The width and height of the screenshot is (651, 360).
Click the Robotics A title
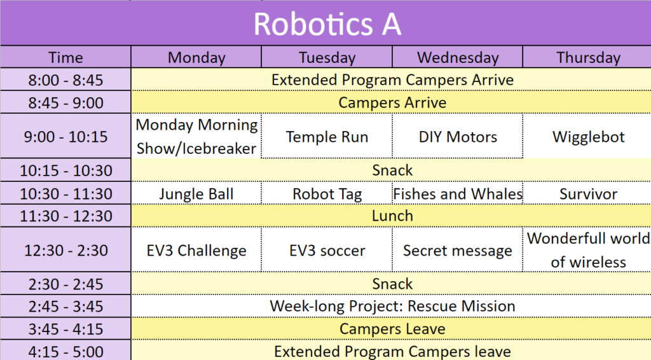pyautogui.click(x=327, y=24)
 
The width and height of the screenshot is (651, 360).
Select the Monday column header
pyautogui.click(x=196, y=57)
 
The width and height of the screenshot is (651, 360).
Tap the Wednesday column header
pyautogui.click(x=458, y=57)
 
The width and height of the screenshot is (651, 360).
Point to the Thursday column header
pyautogui.click(x=588, y=57)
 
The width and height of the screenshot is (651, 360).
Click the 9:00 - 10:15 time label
pyautogui.click(x=65, y=137)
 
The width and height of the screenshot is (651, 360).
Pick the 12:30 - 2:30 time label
pyautogui.click(x=65, y=251)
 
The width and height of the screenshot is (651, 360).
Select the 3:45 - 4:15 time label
pyautogui.click(x=65, y=329)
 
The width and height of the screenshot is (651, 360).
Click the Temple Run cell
pyautogui.click(x=327, y=137)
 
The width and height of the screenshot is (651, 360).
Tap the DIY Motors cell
pyautogui.click(x=458, y=137)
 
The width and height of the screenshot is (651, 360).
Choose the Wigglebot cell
pyautogui.click(x=588, y=137)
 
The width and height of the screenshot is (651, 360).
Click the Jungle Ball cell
pyautogui.click(x=196, y=194)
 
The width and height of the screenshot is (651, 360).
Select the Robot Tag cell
pyautogui.click(x=327, y=194)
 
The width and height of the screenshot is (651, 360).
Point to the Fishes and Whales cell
pyautogui.click(x=458, y=194)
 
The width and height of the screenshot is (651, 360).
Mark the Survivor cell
pyautogui.click(x=588, y=194)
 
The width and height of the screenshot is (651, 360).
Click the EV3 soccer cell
pyautogui.click(x=327, y=251)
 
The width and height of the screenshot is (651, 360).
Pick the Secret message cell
pyautogui.click(x=458, y=251)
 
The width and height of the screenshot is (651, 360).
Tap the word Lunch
pyautogui.click(x=392, y=216)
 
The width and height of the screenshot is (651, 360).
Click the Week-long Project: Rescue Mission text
pyautogui.click(x=392, y=306)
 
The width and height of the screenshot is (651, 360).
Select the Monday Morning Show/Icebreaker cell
pyautogui.click(x=196, y=137)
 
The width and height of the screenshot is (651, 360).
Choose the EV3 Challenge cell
pyautogui.click(x=196, y=251)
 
